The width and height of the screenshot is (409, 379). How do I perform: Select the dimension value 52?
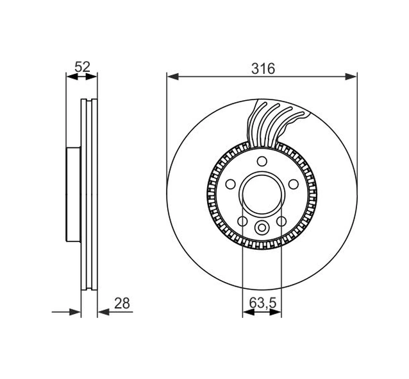point(82,66)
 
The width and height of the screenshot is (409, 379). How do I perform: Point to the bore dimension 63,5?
point(262,302)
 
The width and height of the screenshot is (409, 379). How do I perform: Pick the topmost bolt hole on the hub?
point(262,162)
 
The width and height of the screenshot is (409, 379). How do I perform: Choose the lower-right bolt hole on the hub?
point(281,222)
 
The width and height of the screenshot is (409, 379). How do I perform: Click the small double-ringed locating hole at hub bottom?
point(262,227)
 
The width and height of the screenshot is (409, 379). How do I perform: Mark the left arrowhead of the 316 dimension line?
point(171,76)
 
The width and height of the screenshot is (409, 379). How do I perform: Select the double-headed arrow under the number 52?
point(82,76)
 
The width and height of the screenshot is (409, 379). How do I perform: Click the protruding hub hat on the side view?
point(73,192)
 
